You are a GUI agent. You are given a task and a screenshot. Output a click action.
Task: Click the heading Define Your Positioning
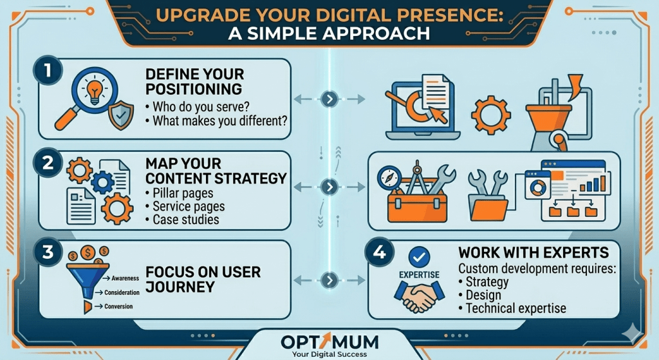pos(194,81)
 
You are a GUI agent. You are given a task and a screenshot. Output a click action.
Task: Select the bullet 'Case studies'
pos(186,220)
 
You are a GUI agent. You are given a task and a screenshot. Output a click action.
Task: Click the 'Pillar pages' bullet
pos(183,193)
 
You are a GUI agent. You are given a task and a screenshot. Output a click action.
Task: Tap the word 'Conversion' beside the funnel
pos(118,306)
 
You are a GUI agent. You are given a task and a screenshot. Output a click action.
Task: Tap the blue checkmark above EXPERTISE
pos(419,258)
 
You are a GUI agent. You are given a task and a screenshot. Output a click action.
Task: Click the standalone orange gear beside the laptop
pos(490,113)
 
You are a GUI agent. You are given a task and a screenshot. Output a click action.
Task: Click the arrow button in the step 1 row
pos(329,99)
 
